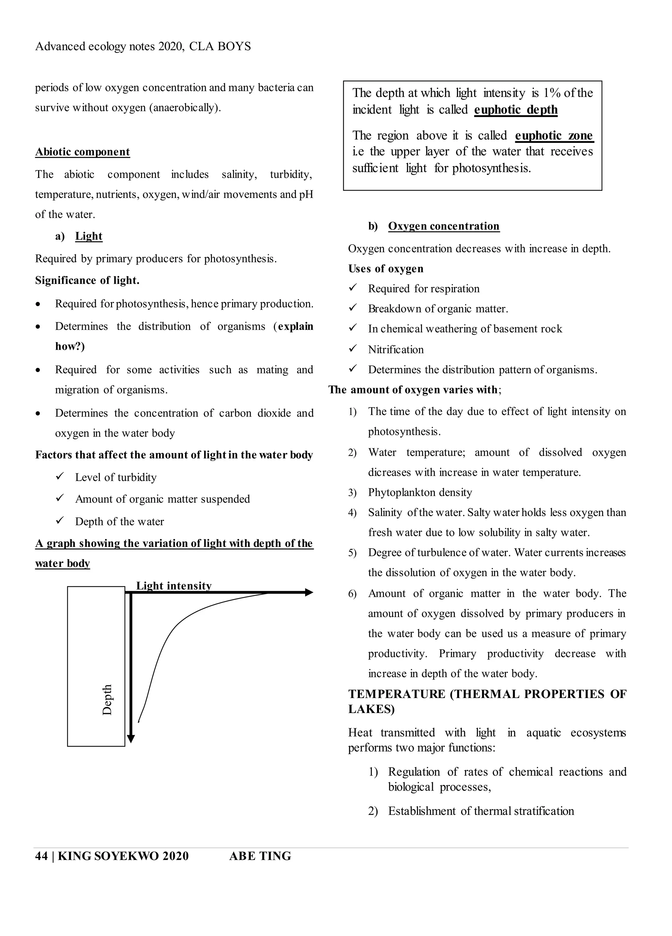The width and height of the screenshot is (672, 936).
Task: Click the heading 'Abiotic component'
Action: pos(82,152)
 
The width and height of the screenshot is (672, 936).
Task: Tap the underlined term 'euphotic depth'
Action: pos(516,110)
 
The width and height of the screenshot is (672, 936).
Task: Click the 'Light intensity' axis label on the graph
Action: pos(174,586)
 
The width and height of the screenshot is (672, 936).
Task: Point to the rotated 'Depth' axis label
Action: pos(107,700)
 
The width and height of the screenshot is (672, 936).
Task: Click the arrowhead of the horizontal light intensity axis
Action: pos(309,593)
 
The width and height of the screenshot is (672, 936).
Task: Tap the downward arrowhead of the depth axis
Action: pos(131,739)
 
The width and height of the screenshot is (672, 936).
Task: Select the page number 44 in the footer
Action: pos(41,856)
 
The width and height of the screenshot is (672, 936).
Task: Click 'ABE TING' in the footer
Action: pos(260,856)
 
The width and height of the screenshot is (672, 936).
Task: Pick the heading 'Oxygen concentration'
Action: pos(444,226)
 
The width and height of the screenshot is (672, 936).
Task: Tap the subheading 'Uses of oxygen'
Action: pos(386,269)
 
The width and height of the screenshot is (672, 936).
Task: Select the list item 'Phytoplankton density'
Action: pos(420,492)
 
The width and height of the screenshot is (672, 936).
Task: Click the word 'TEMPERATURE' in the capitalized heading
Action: pos(396,694)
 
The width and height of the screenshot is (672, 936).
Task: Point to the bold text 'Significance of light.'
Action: pos(87,280)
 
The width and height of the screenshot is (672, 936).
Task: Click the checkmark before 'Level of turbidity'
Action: pos(60,477)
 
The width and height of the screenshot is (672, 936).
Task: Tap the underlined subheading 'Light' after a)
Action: pos(89,236)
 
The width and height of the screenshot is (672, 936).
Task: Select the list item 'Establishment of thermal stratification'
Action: pos(481,811)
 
